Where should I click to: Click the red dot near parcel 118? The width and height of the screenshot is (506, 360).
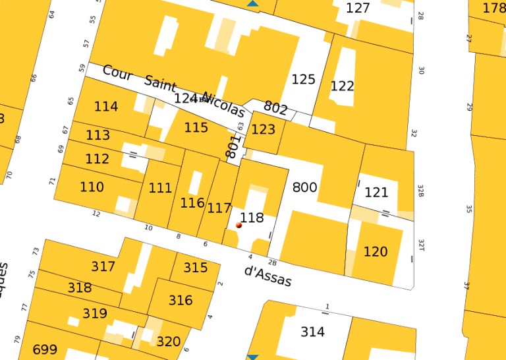tap(239, 225)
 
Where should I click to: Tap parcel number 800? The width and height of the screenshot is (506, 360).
tap(304, 187)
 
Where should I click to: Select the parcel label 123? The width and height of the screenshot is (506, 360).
tap(263, 129)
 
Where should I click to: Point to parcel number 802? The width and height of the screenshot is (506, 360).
tap(275, 107)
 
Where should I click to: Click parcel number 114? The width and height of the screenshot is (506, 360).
tap(105, 107)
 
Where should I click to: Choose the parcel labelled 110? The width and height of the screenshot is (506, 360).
tap(92, 187)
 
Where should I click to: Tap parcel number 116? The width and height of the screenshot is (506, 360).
tap(192, 203)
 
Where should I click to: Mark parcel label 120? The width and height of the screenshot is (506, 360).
tap(375, 252)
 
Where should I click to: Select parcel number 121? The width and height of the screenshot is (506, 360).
tap(376, 193)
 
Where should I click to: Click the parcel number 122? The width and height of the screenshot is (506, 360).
tap(342, 86)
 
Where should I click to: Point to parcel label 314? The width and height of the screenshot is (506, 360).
tap(312, 332)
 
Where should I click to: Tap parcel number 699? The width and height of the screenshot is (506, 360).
tap(45, 349)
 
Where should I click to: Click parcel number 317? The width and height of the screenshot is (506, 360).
tap(103, 266)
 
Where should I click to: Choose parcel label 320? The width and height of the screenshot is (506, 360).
tap(168, 342)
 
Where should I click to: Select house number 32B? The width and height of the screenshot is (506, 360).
tap(420, 191)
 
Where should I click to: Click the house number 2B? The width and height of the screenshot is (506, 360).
tap(273, 261)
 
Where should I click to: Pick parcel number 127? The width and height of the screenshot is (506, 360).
tap(358, 9)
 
